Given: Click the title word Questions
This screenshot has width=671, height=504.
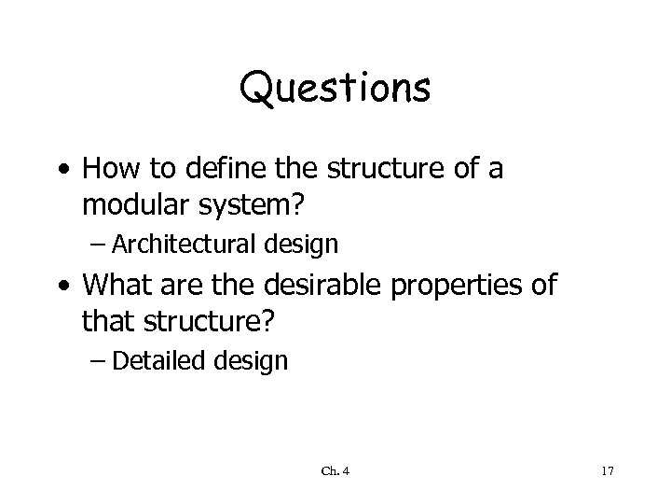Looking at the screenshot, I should point(335,90).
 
